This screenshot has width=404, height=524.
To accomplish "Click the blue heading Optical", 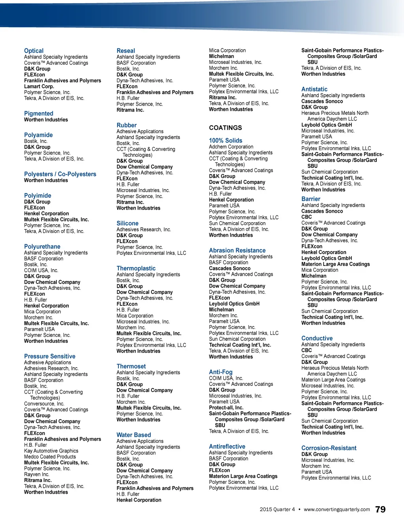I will click(34, 51).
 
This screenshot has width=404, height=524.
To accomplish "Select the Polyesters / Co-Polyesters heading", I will click(60, 174).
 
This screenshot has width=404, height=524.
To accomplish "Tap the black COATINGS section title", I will click(225, 128).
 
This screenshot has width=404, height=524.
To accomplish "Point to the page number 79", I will click(380, 509).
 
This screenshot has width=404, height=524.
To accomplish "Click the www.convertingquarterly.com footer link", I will click(337, 509).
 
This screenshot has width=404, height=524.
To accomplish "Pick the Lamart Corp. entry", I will click(39, 87).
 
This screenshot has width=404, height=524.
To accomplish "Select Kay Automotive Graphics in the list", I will click(51, 451).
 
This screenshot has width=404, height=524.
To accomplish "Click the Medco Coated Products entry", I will click(50, 457).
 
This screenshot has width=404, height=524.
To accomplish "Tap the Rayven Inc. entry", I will click(37, 475).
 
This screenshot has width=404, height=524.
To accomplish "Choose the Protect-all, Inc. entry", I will click(226, 408).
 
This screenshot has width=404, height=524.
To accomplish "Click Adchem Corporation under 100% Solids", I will click(231, 147).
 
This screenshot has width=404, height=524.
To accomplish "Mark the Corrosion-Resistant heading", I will click(329, 448).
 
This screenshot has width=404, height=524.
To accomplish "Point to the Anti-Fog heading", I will click(221, 372).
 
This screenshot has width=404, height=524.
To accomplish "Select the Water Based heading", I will click(134, 435).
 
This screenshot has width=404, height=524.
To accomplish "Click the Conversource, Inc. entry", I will click(44, 404).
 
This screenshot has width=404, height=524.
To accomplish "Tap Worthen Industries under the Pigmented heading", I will click(46, 120).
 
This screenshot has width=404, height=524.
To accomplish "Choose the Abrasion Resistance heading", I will click(237, 251).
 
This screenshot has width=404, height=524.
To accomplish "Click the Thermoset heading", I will click(131, 366).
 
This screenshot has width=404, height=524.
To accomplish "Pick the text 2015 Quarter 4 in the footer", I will click(277, 509).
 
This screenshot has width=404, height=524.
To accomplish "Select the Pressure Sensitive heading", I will click(50, 357).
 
